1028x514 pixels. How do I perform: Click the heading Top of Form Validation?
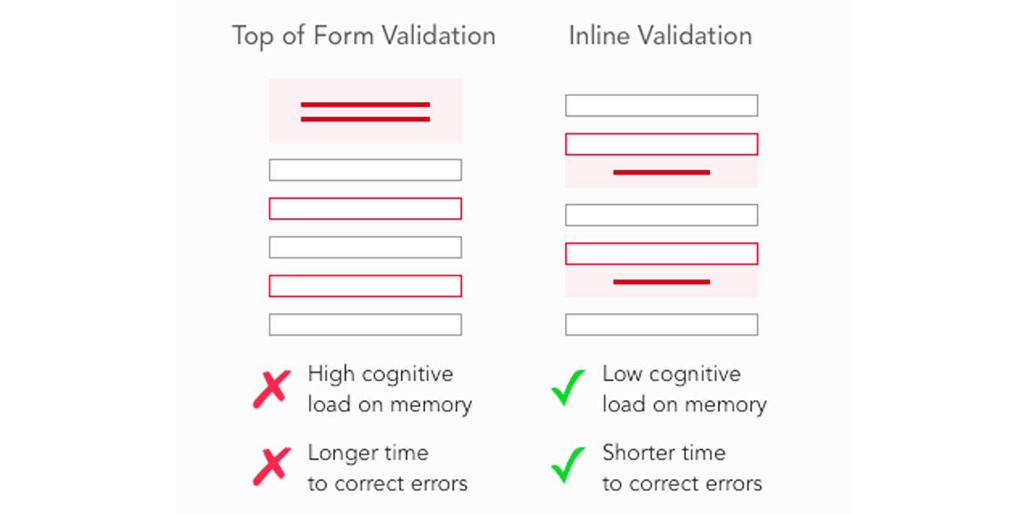pos(363,36)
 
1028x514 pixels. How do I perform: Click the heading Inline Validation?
pos(660,36)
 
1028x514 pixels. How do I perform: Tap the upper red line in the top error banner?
pos(366,104)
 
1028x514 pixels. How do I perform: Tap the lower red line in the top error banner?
pos(366,119)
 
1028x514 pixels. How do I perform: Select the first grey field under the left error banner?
pos(366,170)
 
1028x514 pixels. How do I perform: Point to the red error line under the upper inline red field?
pos(662,173)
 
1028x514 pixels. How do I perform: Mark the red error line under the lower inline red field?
pos(662,282)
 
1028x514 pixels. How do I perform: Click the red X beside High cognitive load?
pos(272,389)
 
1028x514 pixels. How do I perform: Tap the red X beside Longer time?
pos(272,466)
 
